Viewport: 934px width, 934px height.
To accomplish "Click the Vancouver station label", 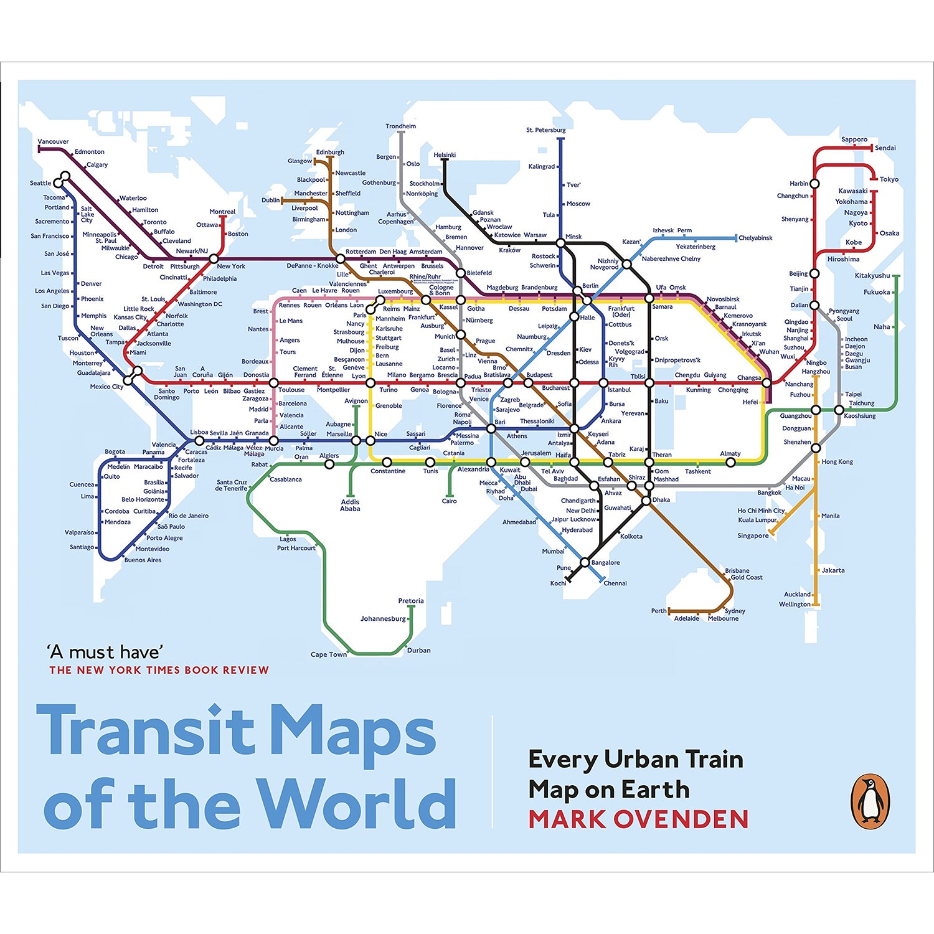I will (x=53, y=141).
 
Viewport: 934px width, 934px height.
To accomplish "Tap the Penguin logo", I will (x=870, y=801).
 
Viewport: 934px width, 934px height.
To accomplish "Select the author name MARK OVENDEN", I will (x=638, y=819).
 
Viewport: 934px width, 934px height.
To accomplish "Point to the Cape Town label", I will (x=329, y=654).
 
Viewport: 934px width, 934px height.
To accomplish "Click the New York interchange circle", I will (x=214, y=258).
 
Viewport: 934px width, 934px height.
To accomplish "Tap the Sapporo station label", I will (x=854, y=139).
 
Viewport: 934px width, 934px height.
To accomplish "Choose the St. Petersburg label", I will (x=545, y=130).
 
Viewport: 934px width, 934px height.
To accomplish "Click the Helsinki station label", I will (x=445, y=155).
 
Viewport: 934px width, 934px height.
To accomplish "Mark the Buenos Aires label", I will (x=143, y=560).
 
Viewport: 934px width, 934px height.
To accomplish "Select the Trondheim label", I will (x=400, y=126).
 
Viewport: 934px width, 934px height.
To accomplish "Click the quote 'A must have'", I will (x=105, y=652).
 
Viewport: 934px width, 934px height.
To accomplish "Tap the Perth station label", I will (x=658, y=611).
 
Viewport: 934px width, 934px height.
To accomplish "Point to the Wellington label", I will (x=795, y=604).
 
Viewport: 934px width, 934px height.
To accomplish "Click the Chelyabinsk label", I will (x=755, y=238).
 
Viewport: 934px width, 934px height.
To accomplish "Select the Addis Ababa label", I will (x=350, y=505).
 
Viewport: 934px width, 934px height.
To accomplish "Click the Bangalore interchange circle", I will (x=585, y=562).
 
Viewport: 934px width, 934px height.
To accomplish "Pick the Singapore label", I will (x=753, y=535).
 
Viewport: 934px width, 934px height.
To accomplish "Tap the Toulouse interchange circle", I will (x=273, y=383).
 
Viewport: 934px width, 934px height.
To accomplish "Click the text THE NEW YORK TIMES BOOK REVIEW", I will (x=159, y=670).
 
